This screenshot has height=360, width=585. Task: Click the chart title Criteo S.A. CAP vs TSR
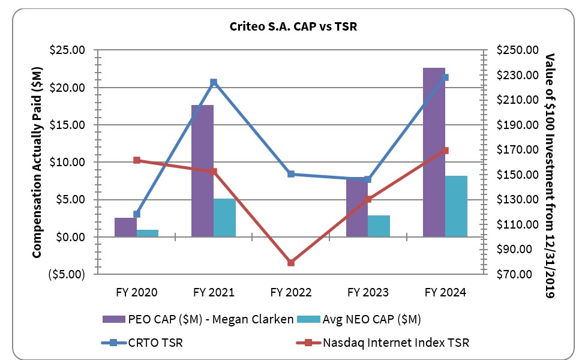pyautogui.click(x=292, y=27)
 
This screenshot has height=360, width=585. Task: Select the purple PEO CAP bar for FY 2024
pyautogui.click(x=434, y=152)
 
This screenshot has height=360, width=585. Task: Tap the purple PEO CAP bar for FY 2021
pyautogui.click(x=202, y=171)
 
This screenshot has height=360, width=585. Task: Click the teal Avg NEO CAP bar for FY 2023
pyautogui.click(x=379, y=226)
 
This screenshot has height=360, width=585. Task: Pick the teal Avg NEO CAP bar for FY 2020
pyautogui.click(x=148, y=233)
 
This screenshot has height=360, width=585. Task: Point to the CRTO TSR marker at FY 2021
pyautogui.click(x=214, y=82)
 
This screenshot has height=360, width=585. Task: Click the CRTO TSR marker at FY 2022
pyautogui.click(x=291, y=174)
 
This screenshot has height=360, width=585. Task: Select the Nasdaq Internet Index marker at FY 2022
pyautogui.click(x=291, y=262)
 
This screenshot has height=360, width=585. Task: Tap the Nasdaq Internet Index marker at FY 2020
pyautogui.click(x=137, y=160)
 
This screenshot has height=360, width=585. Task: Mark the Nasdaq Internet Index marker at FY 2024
pyautogui.click(x=445, y=151)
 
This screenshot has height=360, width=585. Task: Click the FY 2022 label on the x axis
pyautogui.click(x=291, y=292)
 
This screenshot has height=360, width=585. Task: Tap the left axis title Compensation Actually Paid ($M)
pyautogui.click(x=37, y=162)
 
